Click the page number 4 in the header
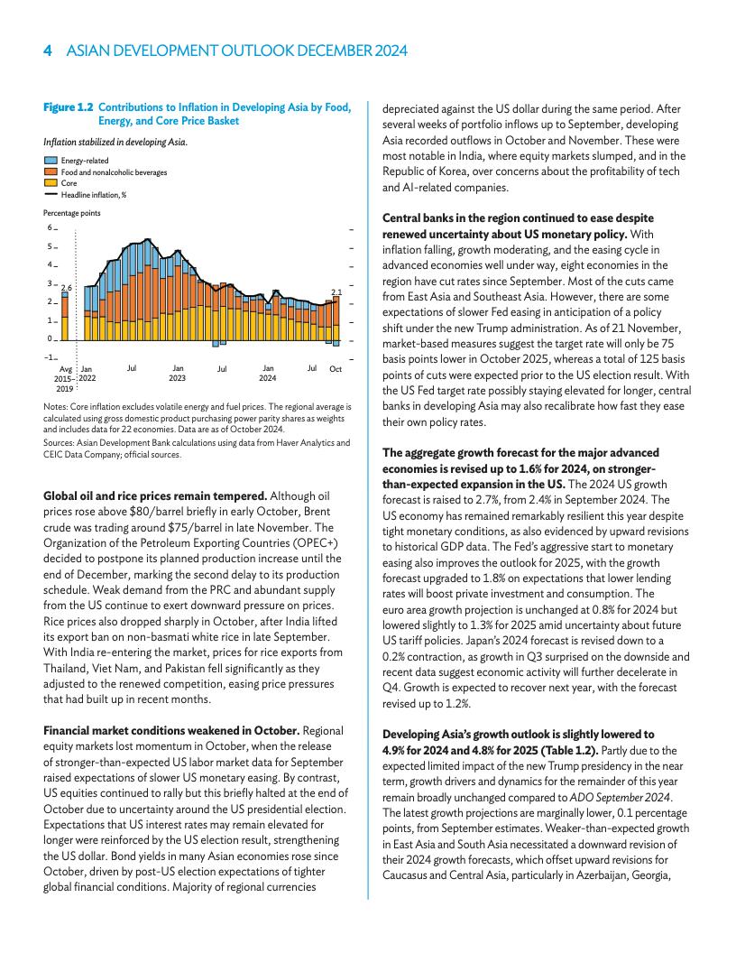(48, 51)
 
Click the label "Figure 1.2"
(69, 108)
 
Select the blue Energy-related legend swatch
(51, 161)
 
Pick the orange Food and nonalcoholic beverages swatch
(51, 171)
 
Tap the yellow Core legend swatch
(51, 182)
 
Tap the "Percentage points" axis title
(72, 213)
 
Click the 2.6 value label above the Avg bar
(66, 287)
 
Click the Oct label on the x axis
(336, 368)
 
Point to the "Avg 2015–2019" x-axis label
(65, 378)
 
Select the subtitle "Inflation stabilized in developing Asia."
(115, 142)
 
